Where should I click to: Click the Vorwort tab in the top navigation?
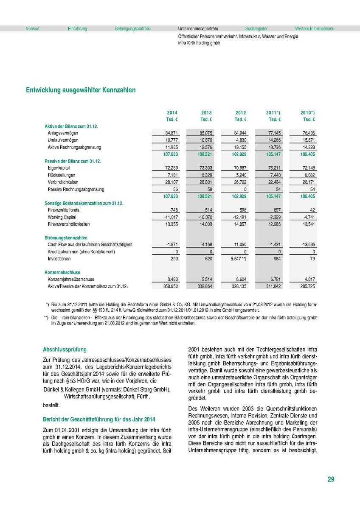pyautogui.click(x=33, y=29)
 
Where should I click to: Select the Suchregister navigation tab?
pyautogui.click(x=256, y=29)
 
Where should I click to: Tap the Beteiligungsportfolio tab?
pyautogui.click(x=132, y=29)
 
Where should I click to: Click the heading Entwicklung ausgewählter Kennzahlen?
pyautogui.click(x=81, y=90)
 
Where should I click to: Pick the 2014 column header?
pyautogui.click(x=172, y=112)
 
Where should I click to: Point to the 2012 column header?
pyautogui.click(x=241, y=112)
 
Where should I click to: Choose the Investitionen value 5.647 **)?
pyautogui.click(x=238, y=258)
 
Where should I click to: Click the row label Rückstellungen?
pyautogui.click(x=62, y=175)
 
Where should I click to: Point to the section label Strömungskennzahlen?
pyautogui.click(x=66, y=238)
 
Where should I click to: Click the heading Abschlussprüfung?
pyautogui.click(x=65, y=350)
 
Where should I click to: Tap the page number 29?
pyautogui.click(x=331, y=479)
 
